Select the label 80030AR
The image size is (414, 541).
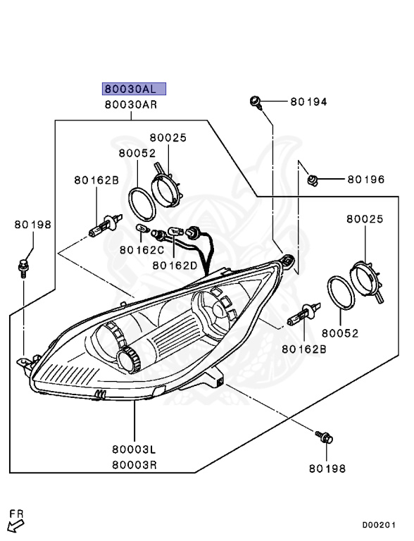(131, 104)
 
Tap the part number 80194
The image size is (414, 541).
(308, 101)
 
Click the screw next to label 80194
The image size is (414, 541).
(256, 102)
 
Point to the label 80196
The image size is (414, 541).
(365, 180)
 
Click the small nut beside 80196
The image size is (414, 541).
(313, 180)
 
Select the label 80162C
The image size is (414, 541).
(142, 250)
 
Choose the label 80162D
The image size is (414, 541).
(175, 266)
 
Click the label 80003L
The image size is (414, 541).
(134, 449)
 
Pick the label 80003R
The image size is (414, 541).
(134, 465)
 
